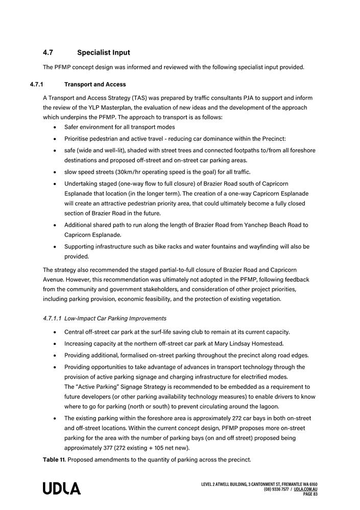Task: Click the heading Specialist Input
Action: (104, 53)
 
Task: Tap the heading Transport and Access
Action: (95, 84)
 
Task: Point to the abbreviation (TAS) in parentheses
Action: (140, 98)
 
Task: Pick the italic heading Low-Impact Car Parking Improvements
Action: (115, 318)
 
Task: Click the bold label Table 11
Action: (54, 459)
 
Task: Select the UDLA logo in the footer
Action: (62, 489)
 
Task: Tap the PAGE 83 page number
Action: (310, 494)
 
